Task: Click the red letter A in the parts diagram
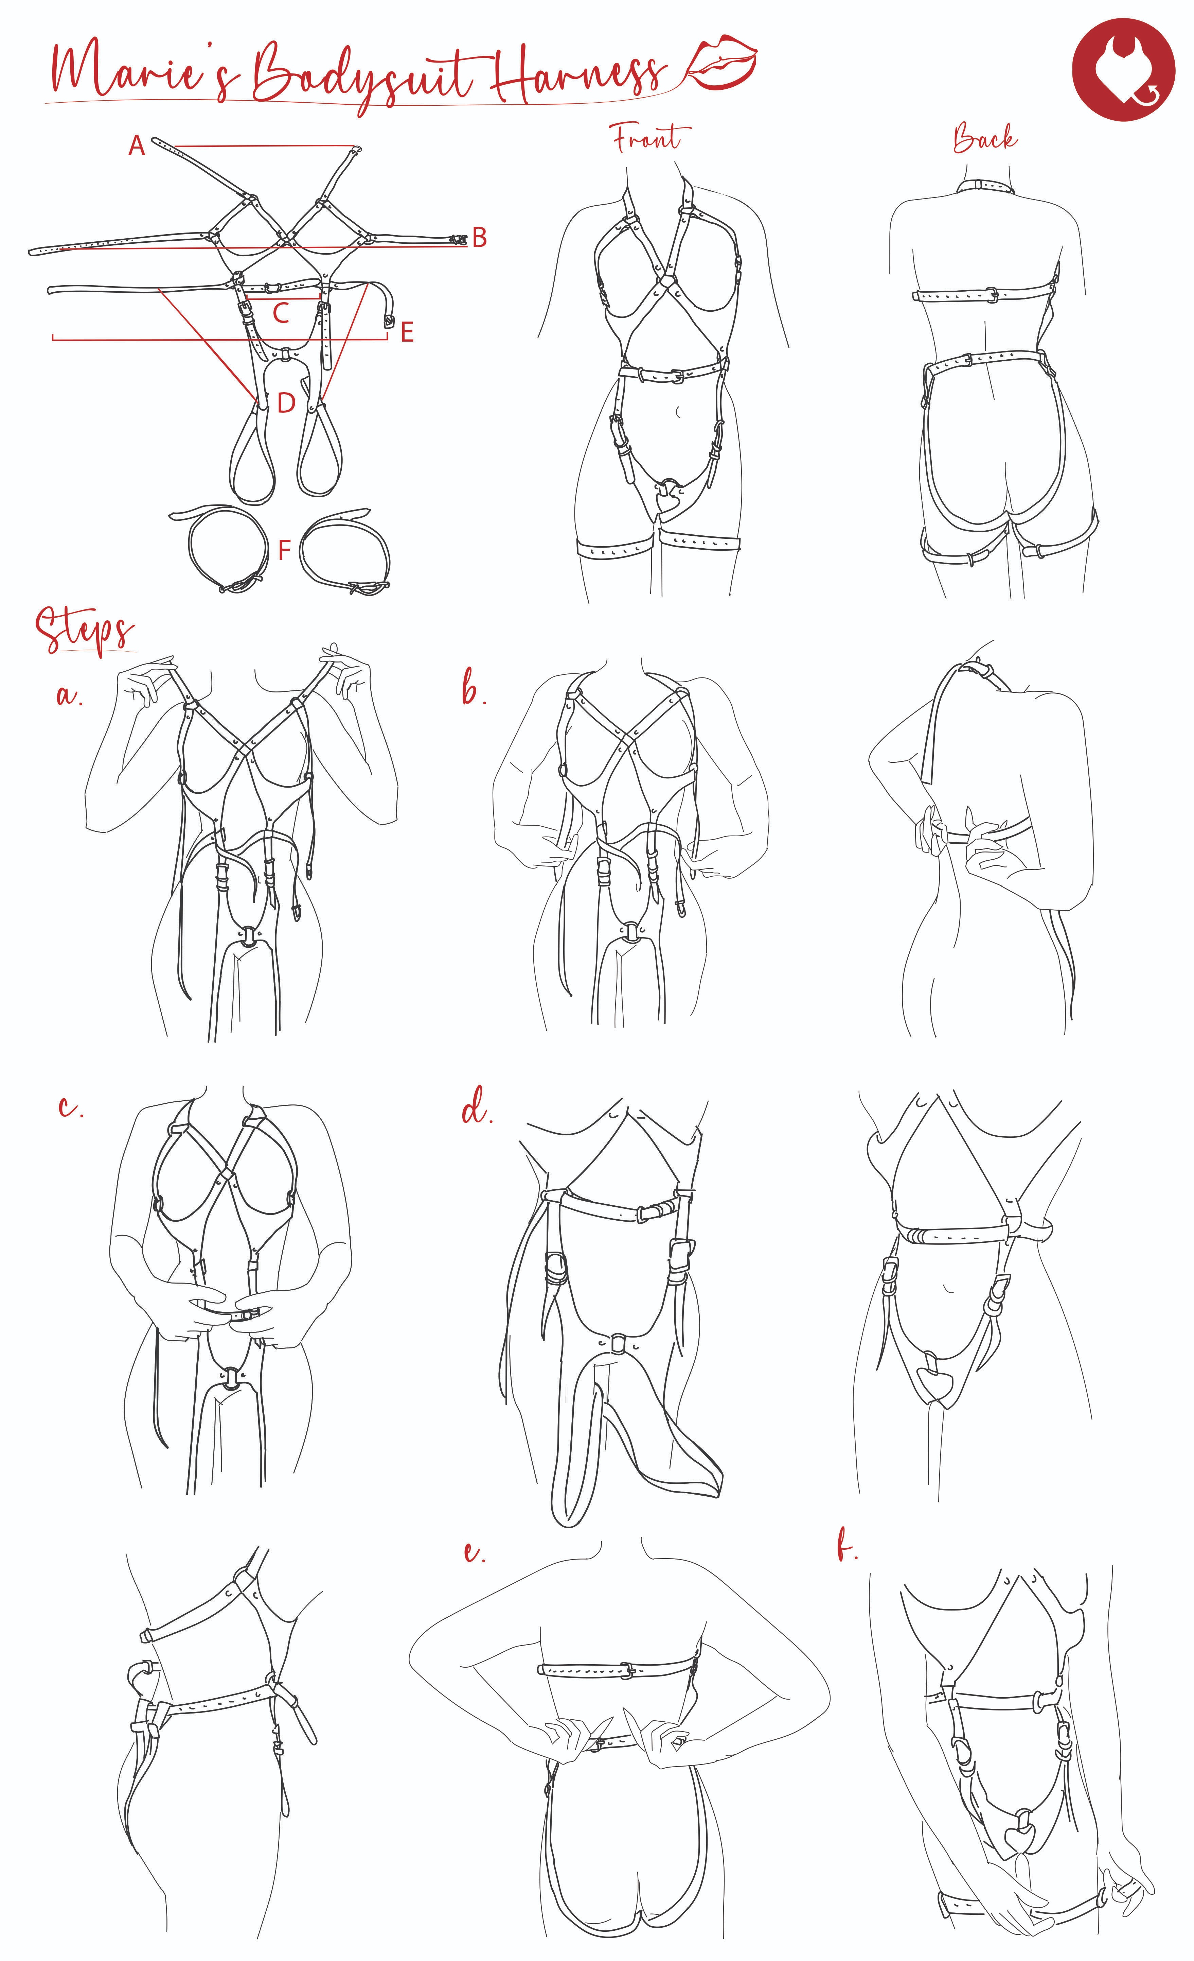[x=137, y=145]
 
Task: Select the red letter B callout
[x=479, y=237]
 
